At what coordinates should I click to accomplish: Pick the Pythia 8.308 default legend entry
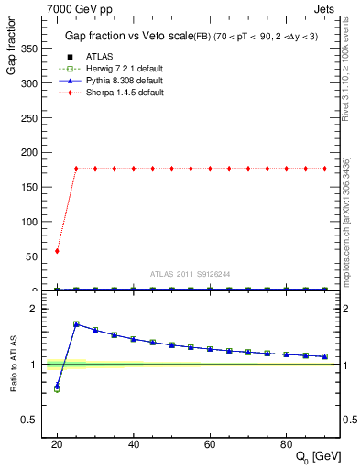coord(119,81)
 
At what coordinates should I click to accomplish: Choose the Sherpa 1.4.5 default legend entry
coord(119,93)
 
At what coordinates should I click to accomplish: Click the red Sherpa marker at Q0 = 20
coord(57,251)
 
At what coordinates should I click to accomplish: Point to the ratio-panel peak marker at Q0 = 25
coord(76,324)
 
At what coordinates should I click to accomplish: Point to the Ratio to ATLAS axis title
coord(12,365)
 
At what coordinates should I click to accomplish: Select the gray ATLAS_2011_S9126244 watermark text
coord(190,273)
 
